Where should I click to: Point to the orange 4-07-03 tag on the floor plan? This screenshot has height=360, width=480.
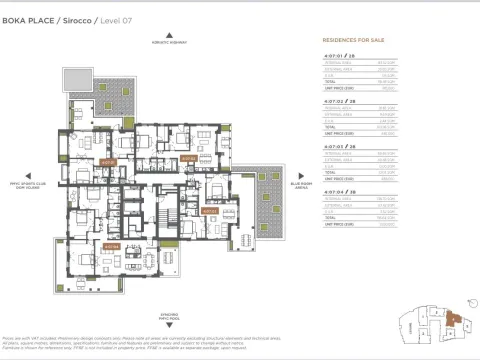coord(209,211)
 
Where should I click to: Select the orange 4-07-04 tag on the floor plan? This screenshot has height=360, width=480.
coord(112,245)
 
